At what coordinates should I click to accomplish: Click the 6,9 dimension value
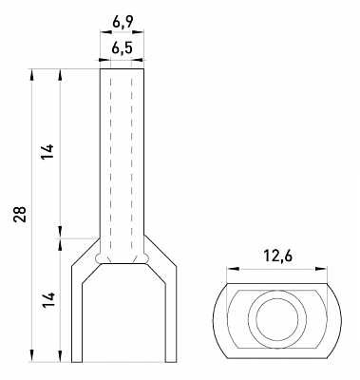pyautogui.click(x=122, y=22)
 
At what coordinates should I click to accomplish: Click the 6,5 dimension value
pyautogui.click(x=122, y=48)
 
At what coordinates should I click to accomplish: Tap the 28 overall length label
pyautogui.click(x=20, y=215)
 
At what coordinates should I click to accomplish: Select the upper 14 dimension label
pyautogui.click(x=48, y=152)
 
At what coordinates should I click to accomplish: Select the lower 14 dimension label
pyautogui.click(x=48, y=300)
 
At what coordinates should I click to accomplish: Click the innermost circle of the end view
pyautogui.click(x=277, y=319)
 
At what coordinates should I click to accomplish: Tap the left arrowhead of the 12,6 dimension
pyautogui.click(x=233, y=269)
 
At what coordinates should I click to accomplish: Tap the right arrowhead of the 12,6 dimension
pyautogui.click(x=320, y=269)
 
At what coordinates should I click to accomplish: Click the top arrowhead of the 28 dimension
pyautogui.click(x=32, y=75)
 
